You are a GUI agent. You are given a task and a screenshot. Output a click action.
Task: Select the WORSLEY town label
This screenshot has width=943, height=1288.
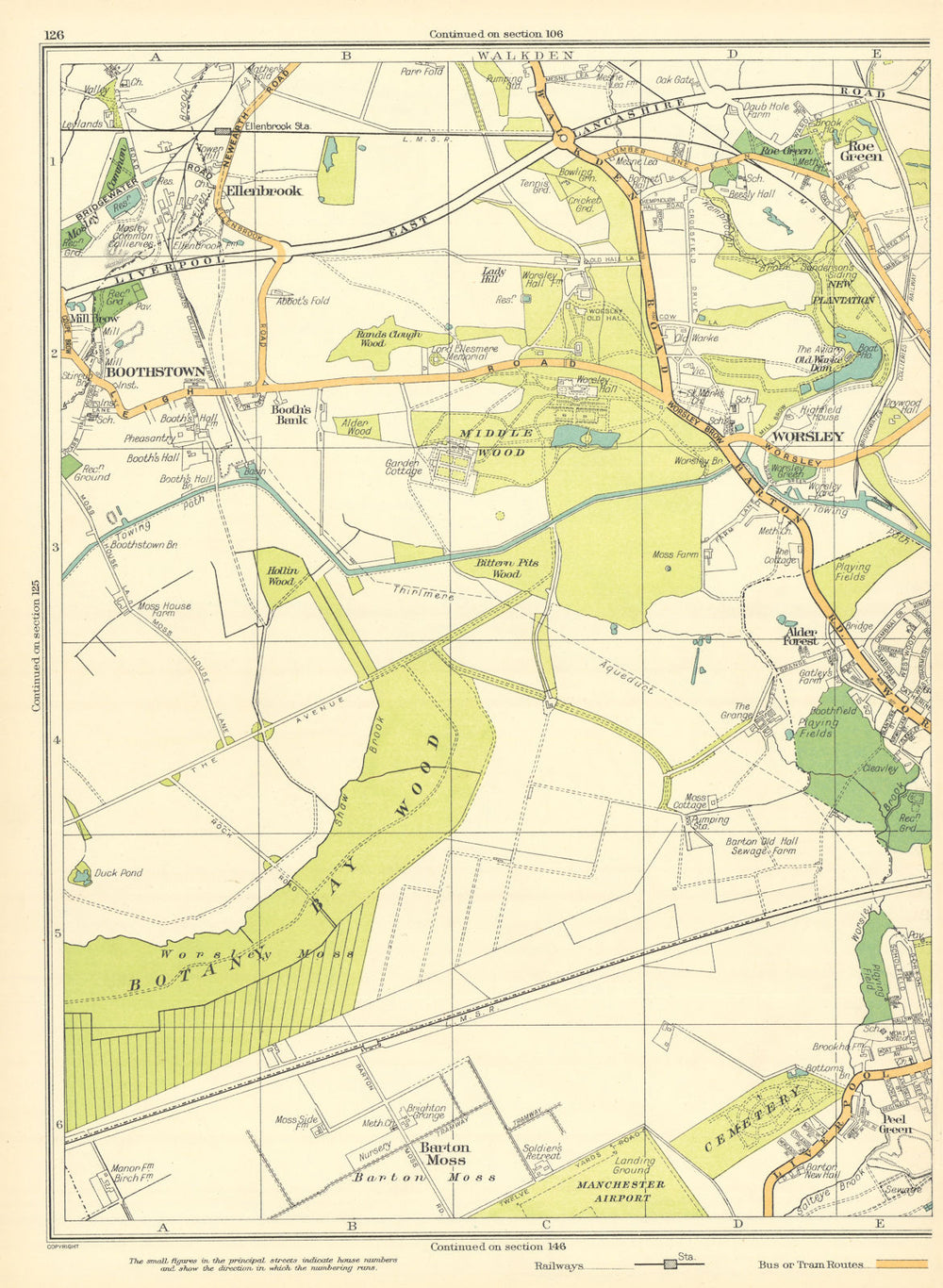pos(807,437)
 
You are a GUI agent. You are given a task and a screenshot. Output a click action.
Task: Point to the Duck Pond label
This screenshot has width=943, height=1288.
pos(118,873)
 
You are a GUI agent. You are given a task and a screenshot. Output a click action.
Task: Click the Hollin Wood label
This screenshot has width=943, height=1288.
pos(281,576)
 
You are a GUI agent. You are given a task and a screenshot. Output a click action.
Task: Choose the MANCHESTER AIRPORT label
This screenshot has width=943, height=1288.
pos(621,1191)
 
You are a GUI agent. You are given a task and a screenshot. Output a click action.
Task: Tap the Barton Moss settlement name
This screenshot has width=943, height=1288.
pos(445,1153)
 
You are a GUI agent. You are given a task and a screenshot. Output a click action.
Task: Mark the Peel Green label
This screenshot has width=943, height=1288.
pos(895,1123)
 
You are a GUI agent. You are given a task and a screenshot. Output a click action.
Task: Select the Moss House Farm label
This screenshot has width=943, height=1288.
pos(164,612)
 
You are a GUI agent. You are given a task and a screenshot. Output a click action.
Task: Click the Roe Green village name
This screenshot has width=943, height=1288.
pos(863,151)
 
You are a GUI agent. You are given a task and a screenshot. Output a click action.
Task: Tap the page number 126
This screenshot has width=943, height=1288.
pos(54,35)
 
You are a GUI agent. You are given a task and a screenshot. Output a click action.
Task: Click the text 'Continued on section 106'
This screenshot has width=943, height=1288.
pos(496,35)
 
